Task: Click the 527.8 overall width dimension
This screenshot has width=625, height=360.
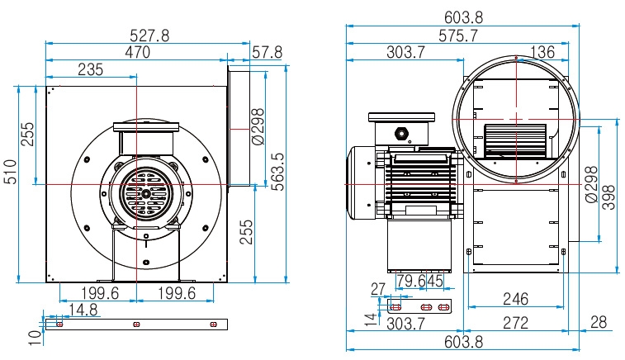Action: click(149, 35)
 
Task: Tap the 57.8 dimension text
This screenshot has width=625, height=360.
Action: click(268, 52)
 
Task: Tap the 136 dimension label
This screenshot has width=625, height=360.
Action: click(541, 52)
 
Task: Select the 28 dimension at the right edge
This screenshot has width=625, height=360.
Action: click(598, 323)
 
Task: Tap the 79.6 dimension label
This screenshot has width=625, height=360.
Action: click(411, 281)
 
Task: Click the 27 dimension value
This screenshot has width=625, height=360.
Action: click(379, 289)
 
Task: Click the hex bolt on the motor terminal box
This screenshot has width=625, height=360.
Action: click(402, 131)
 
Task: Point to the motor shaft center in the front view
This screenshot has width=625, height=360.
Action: click(145, 195)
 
